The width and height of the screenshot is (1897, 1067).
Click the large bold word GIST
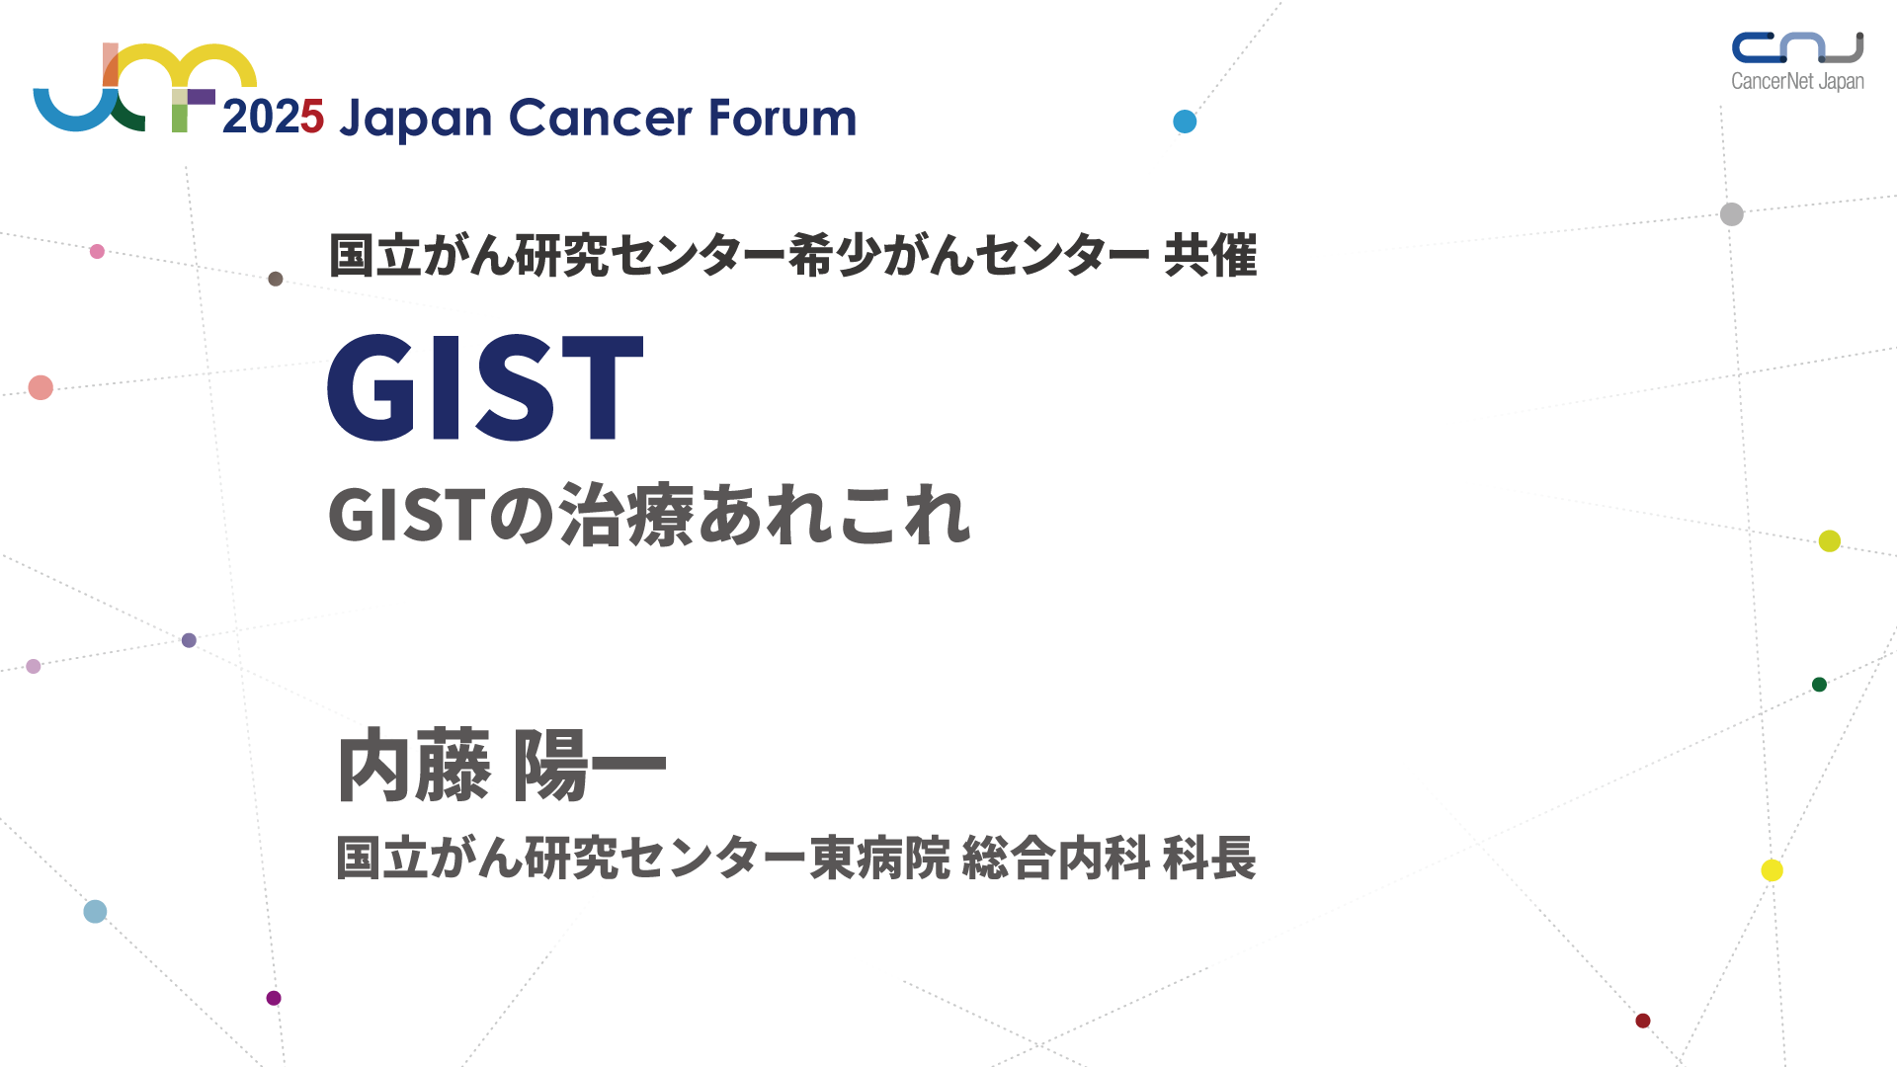click(485, 387)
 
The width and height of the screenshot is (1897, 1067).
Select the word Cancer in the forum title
click(601, 118)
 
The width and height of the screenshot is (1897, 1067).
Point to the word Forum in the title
click(783, 118)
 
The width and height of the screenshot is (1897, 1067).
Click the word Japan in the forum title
click(415, 121)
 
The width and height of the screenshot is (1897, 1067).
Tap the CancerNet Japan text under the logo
click(1797, 81)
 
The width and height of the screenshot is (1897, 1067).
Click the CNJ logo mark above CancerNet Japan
click(1797, 46)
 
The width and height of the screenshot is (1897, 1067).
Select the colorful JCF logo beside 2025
click(145, 87)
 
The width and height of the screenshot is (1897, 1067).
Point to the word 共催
click(1210, 256)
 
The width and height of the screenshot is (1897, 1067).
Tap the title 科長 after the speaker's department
click(1209, 858)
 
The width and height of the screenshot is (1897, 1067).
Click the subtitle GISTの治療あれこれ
click(650, 515)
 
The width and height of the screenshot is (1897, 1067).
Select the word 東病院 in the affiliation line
click(880, 858)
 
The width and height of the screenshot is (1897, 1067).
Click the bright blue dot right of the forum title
click(1185, 122)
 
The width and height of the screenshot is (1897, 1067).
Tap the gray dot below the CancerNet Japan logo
click(1732, 214)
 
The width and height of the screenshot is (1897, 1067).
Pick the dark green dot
click(1819, 685)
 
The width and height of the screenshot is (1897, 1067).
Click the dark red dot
click(1643, 1021)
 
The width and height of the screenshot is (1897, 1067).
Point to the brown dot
click(276, 279)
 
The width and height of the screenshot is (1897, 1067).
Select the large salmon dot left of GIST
click(41, 387)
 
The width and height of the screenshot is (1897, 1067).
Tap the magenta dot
click(274, 998)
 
